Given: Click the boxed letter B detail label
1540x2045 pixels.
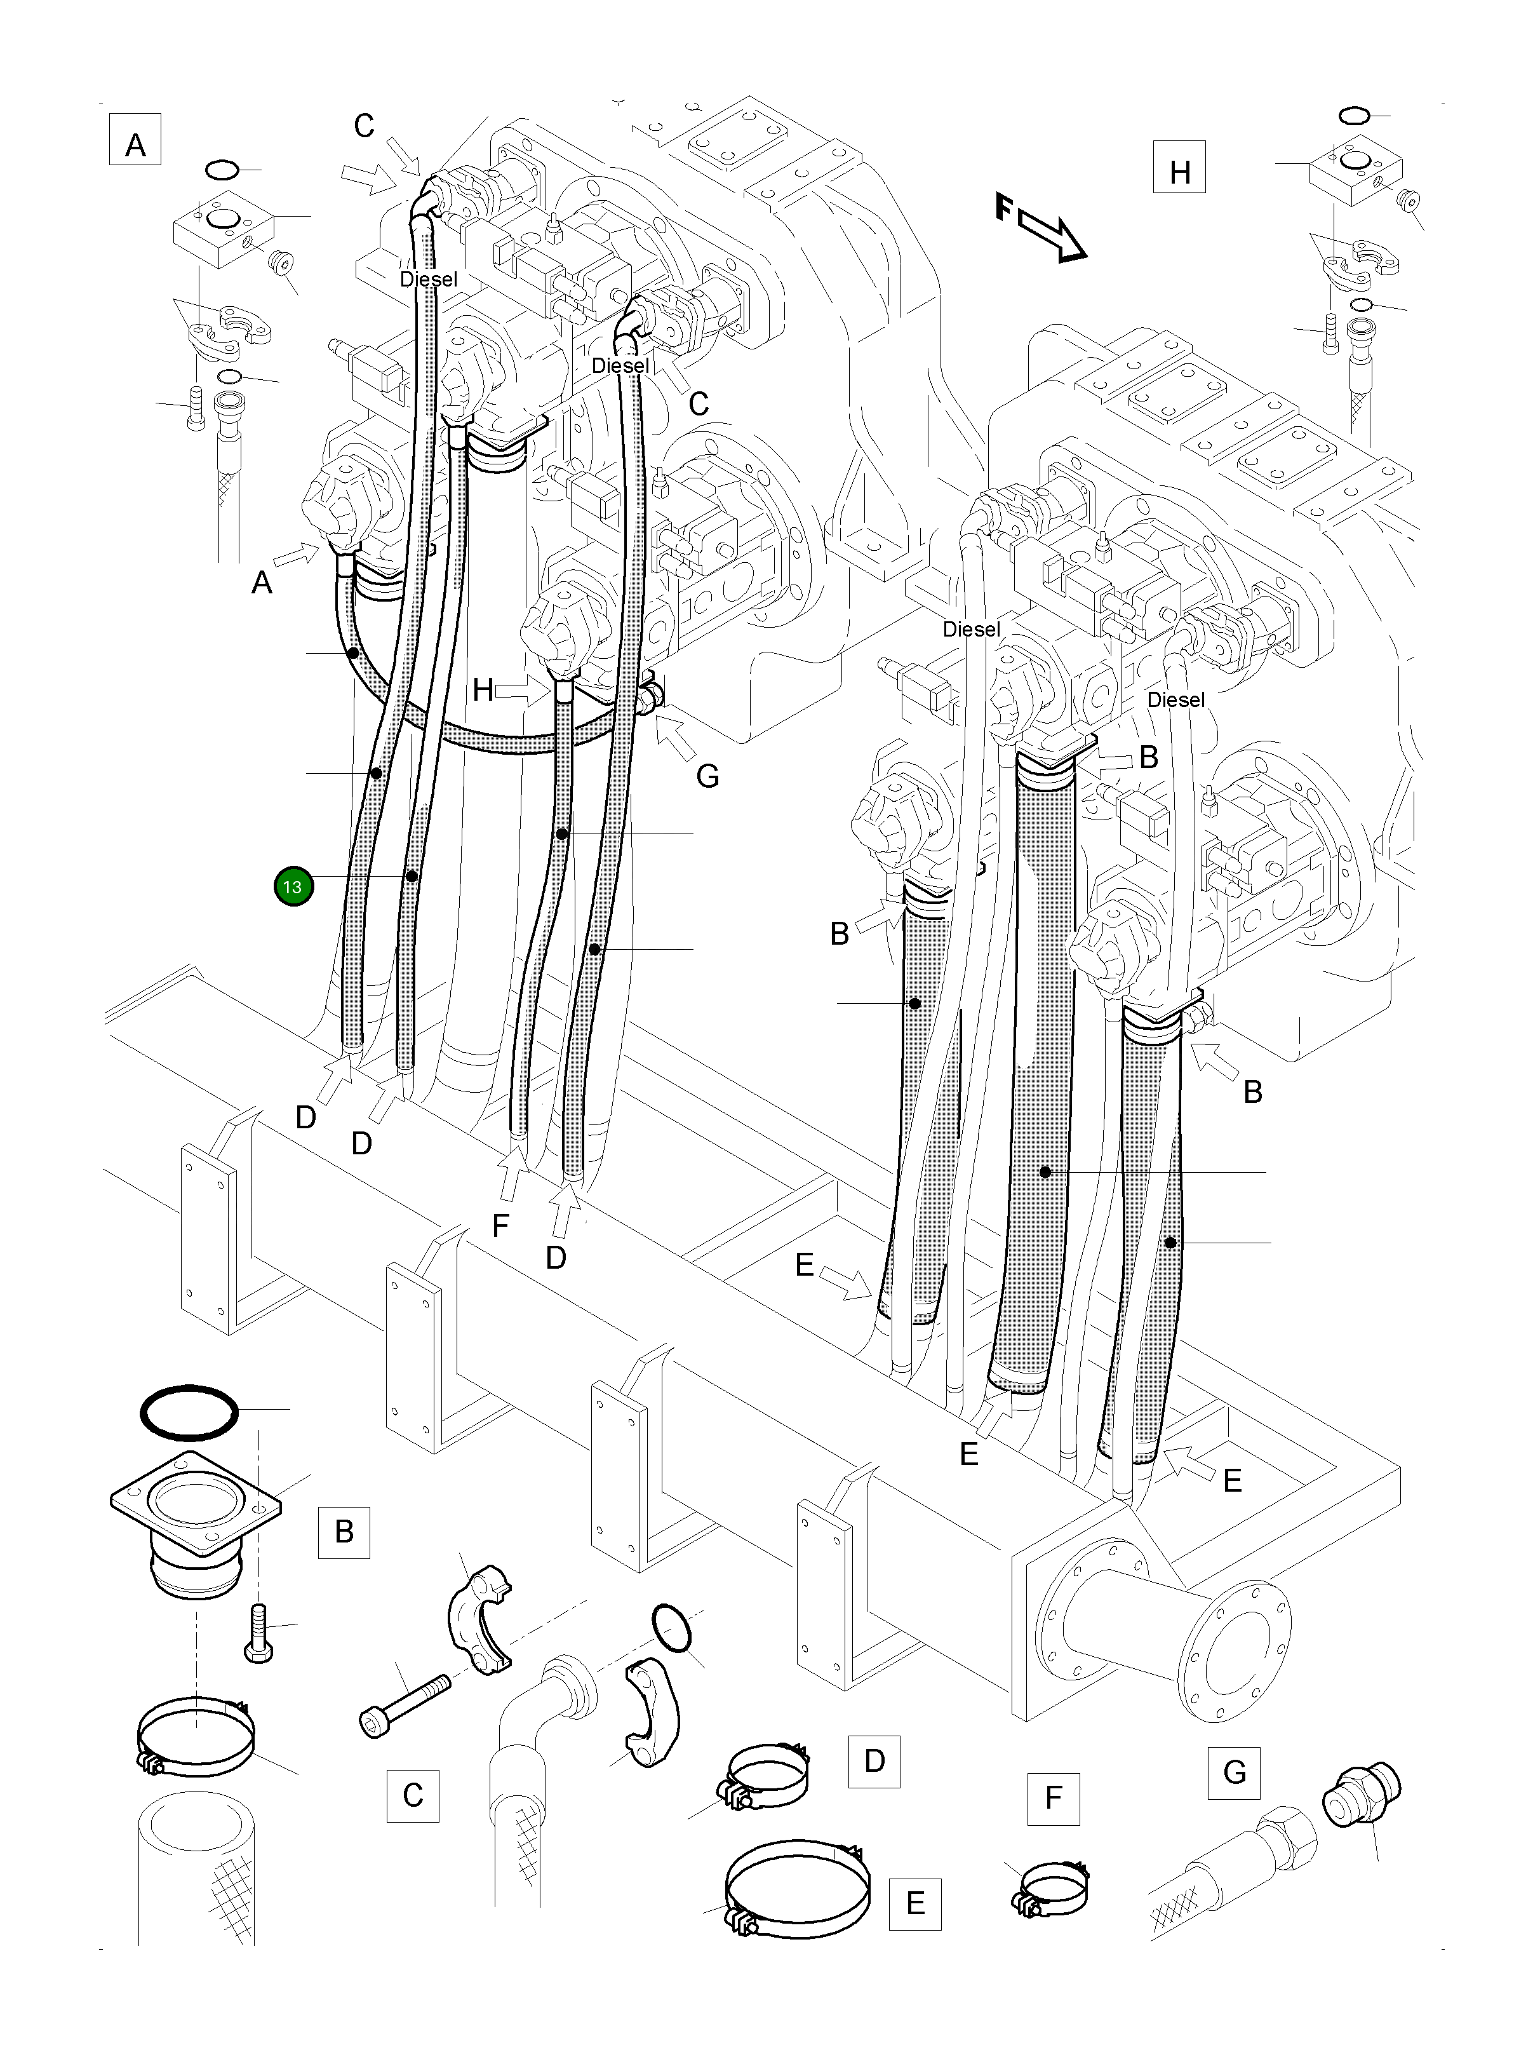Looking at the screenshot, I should (344, 1532).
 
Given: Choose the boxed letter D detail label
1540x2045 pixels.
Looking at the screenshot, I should (874, 1761).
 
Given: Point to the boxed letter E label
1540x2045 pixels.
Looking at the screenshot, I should (914, 1903).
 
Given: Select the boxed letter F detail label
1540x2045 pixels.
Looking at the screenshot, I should (1053, 1798).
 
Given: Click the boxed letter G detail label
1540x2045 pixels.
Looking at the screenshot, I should (1233, 1772).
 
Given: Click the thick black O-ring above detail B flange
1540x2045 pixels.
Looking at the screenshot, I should (189, 1412).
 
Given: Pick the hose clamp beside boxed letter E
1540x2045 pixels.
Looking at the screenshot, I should (798, 1891).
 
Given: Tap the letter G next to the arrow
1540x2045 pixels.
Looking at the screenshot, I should (707, 776).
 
